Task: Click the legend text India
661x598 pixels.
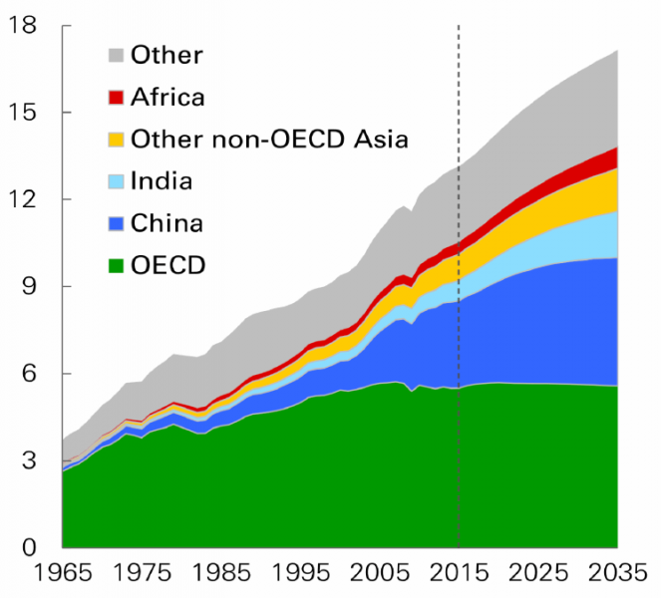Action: click(x=162, y=180)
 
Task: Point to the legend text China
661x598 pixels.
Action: click(x=166, y=222)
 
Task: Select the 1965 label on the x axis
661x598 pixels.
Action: click(x=63, y=576)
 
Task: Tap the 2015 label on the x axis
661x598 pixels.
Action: click(x=459, y=576)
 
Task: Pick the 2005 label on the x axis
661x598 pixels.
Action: click(x=380, y=576)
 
